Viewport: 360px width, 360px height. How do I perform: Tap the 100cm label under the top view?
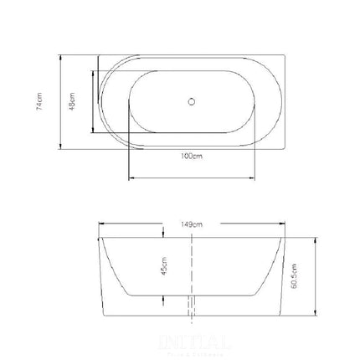[x=192, y=157]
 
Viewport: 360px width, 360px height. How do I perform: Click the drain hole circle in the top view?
[x=192, y=103]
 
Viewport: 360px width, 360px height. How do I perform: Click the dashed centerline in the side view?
[x=193, y=268]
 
